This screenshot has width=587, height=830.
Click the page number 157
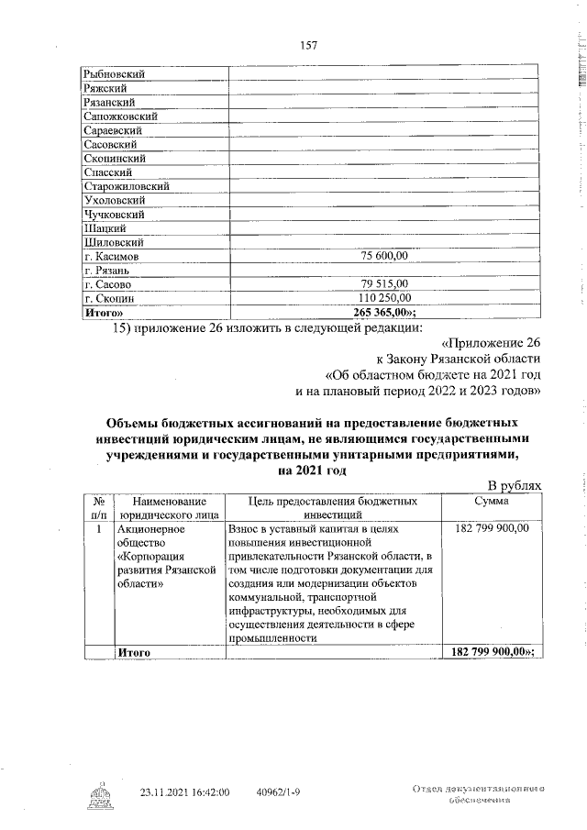(x=308, y=47)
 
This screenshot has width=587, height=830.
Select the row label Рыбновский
(x=114, y=73)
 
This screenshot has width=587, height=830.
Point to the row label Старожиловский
(x=126, y=185)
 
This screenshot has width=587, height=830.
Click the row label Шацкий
(x=105, y=227)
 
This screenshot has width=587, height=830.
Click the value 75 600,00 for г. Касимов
(x=384, y=256)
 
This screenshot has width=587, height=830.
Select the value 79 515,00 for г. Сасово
(x=384, y=283)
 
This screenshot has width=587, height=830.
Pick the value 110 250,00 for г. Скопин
(x=384, y=297)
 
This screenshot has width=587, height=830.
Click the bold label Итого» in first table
(x=103, y=312)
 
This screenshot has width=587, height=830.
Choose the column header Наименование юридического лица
(x=168, y=509)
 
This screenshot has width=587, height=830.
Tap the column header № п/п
(x=97, y=509)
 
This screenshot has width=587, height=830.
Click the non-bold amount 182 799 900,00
(x=492, y=529)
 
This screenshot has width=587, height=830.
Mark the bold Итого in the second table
(x=134, y=651)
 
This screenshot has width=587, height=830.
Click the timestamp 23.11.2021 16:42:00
(x=184, y=791)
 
